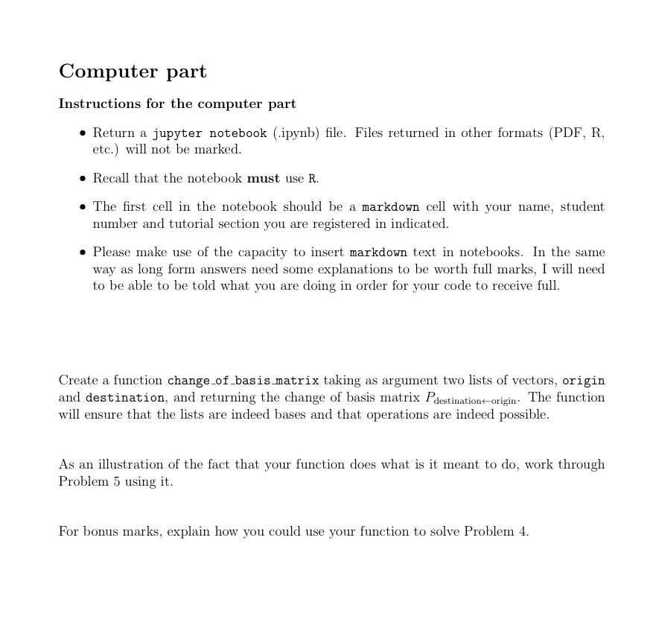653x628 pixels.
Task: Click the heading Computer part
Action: pyautogui.click(x=133, y=72)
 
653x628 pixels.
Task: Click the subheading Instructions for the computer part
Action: pyautogui.click(x=177, y=104)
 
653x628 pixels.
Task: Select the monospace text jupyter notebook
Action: pyautogui.click(x=209, y=133)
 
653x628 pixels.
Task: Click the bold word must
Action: pyautogui.click(x=263, y=178)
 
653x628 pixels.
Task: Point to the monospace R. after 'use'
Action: pyautogui.click(x=313, y=178)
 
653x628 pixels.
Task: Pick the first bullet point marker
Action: pyautogui.click(x=83, y=133)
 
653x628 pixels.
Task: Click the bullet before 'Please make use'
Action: pyautogui.click(x=83, y=253)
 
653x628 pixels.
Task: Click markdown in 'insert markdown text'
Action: pyautogui.click(x=378, y=253)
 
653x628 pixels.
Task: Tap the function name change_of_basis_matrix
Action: pyautogui.click(x=243, y=381)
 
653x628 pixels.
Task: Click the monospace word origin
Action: pyautogui.click(x=583, y=381)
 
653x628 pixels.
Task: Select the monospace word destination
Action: pyautogui.click(x=125, y=398)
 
